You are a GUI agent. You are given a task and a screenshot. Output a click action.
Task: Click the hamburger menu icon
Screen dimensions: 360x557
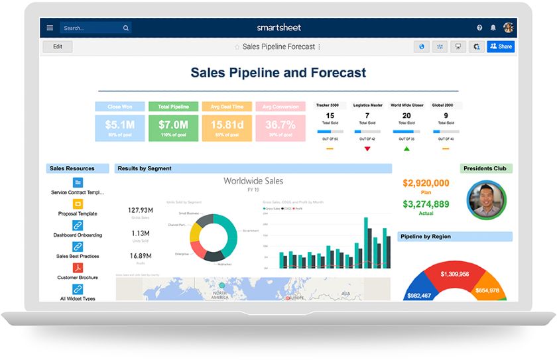coord(50,28)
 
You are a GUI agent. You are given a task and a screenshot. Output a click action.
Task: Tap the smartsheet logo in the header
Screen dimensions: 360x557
coord(278,27)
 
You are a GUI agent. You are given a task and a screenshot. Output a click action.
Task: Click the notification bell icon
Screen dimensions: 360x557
coord(493,28)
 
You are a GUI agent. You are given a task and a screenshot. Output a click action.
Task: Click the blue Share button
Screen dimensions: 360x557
coord(501,46)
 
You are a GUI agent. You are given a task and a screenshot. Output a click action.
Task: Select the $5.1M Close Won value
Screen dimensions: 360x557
coord(120,125)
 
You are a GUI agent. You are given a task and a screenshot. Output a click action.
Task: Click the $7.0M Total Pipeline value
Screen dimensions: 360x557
coord(174,125)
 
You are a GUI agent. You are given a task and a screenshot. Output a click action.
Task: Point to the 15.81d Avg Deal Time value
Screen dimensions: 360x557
coord(227,125)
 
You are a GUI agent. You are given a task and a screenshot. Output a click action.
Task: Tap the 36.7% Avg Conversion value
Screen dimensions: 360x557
coord(280,125)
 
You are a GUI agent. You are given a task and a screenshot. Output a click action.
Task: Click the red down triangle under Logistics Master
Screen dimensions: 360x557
coord(367,149)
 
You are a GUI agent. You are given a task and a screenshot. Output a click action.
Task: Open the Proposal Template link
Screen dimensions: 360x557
coord(78,213)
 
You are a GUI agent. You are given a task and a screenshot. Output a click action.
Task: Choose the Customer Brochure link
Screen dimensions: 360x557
coord(78,277)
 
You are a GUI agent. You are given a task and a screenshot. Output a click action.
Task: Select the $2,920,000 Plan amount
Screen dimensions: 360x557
coord(426,183)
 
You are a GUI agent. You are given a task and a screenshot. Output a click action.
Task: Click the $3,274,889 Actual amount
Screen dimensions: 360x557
coord(426,204)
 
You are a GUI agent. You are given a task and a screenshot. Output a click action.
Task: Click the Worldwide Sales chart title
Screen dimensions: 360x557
coord(253,181)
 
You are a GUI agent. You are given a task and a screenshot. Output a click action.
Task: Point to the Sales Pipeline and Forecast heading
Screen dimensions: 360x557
coord(278,73)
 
